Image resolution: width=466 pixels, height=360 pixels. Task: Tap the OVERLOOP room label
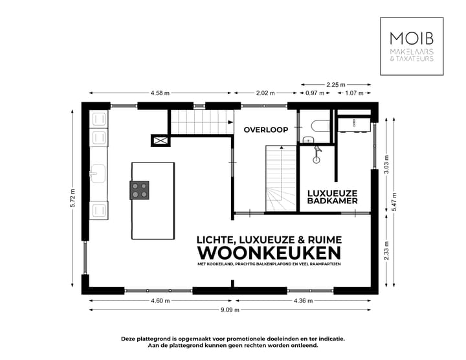point(265,129)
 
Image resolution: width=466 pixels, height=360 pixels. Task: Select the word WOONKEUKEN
point(269,251)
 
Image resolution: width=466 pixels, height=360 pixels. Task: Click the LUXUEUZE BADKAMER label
point(332,197)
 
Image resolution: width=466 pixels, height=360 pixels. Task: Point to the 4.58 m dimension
point(160,93)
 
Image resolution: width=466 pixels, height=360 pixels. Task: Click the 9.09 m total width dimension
point(230,310)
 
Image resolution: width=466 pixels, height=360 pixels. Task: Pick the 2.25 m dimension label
point(336,84)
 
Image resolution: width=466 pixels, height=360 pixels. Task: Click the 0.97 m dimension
point(315,93)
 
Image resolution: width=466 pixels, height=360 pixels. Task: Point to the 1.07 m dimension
point(354,93)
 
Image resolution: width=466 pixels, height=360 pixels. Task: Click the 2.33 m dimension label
point(386,249)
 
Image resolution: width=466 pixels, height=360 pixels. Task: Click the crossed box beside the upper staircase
point(159,141)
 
